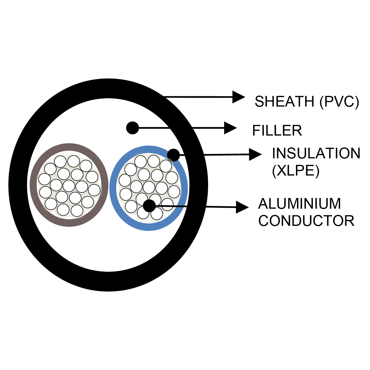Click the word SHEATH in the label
(284, 102)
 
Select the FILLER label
(277, 131)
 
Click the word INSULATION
(316, 153)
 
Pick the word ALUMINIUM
(300, 204)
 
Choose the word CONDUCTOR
(306, 221)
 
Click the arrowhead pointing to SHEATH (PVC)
(239, 97)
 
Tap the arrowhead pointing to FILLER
(230, 128)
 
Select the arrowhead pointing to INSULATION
(255, 154)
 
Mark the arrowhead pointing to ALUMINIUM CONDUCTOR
(242, 207)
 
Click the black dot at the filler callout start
(132, 128)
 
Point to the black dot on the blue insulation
(173, 155)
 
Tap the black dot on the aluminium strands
(149, 206)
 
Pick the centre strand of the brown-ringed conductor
(69, 186)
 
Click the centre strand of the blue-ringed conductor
(149, 187)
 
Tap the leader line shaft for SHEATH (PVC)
(201, 97)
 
